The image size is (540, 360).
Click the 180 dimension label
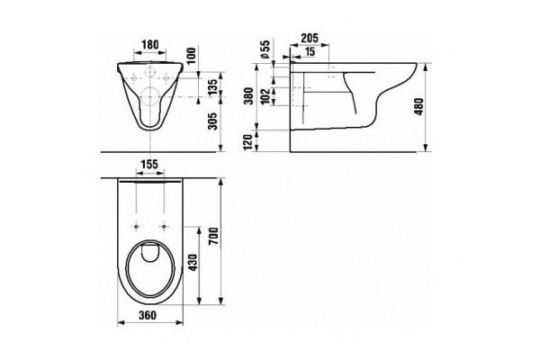[150, 44]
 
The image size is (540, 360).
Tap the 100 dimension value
[192, 55]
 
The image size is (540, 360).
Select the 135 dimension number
[213, 87]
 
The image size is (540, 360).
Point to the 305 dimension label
[213, 121]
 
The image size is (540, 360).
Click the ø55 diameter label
[265, 49]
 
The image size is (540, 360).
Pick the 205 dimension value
[310, 38]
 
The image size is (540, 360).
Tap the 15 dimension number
[310, 51]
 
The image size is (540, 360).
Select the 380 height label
[248, 95]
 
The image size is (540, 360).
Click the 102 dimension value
[265, 97]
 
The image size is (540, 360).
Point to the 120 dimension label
[248, 142]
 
